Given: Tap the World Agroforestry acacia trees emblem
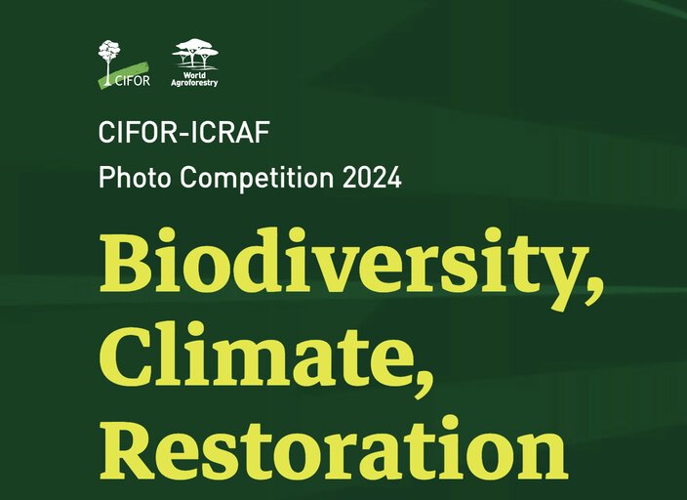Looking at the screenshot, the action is [x=195, y=55].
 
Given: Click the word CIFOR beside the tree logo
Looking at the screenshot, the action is [x=133, y=81].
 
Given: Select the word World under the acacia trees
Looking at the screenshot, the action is [x=194, y=75].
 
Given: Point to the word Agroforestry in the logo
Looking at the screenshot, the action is [x=194, y=82].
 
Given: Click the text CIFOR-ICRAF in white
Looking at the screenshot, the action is [x=184, y=132].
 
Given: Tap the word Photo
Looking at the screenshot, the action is [x=135, y=177].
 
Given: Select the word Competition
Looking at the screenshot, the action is [x=257, y=178].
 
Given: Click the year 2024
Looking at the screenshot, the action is [x=372, y=177].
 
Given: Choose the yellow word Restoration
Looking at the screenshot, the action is [x=334, y=447].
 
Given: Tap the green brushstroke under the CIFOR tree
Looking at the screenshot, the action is [x=124, y=76].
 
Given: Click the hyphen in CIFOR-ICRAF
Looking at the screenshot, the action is [x=184, y=134].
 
